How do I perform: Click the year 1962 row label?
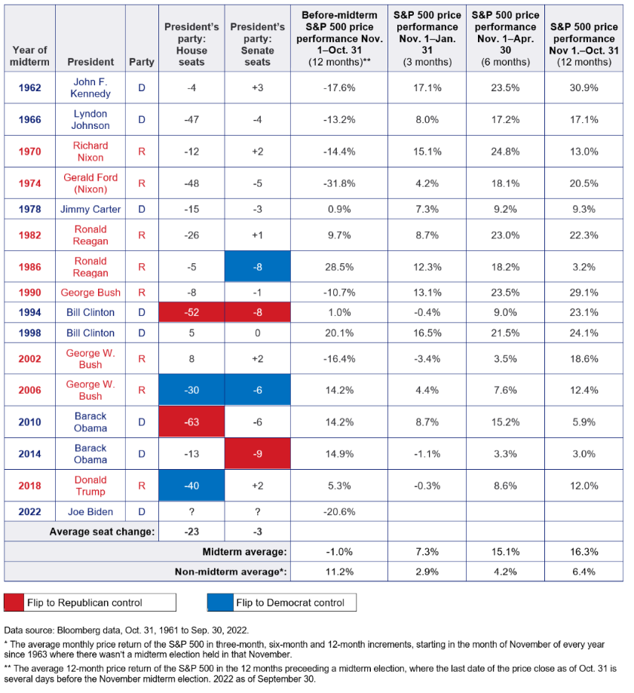(29, 87)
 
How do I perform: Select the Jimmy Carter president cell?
(90, 209)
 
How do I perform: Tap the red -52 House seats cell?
(191, 312)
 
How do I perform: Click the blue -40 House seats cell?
(191, 486)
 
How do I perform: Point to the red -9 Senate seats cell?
(258, 454)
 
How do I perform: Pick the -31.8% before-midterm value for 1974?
(339, 183)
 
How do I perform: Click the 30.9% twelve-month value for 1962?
(583, 87)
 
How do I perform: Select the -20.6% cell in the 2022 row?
(339, 512)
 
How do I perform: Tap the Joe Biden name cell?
(90, 512)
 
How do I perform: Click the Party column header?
(142, 62)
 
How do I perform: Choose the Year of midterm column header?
(29, 56)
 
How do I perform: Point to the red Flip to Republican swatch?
(14, 603)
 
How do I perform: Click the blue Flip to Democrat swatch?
(220, 603)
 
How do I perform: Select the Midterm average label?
(244, 551)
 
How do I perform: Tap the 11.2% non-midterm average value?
(339, 572)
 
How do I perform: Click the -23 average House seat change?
(191, 531)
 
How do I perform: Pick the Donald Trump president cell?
(90, 486)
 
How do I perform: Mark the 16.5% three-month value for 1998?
(427, 333)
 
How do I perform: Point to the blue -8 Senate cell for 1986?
(258, 266)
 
